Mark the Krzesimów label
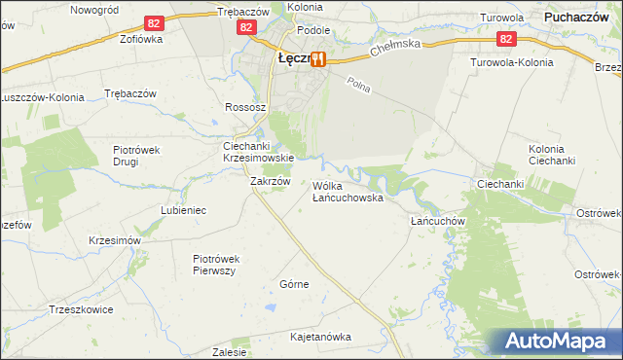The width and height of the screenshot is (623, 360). tap(115, 240)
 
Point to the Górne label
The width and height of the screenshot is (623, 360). tap(294, 284)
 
